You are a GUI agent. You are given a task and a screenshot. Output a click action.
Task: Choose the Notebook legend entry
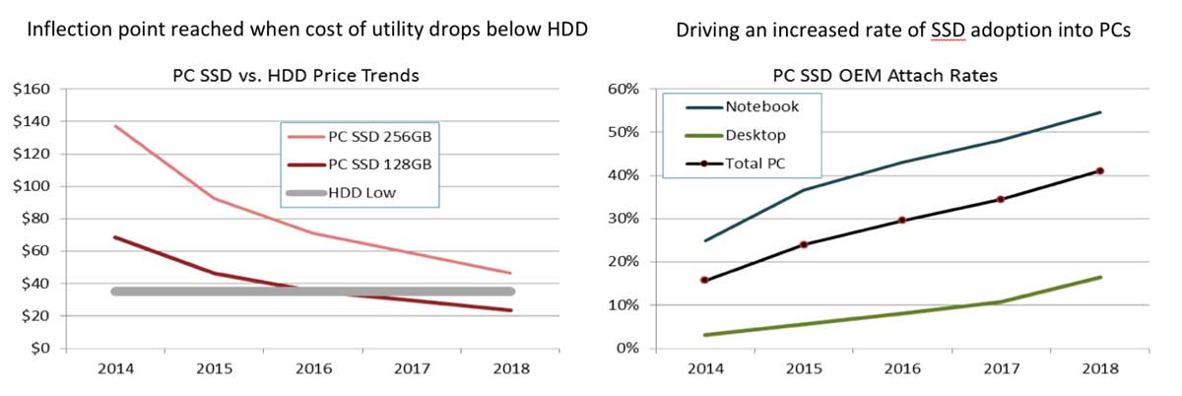click(760, 106)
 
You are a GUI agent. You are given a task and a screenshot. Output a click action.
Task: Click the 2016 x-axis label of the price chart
click(314, 369)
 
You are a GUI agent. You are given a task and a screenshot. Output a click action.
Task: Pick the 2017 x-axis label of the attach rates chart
click(999, 369)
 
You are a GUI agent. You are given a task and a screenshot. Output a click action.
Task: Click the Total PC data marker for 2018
click(1099, 170)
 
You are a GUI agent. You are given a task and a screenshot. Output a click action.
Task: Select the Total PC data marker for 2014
click(703, 280)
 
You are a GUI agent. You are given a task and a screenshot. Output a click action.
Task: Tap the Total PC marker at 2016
click(901, 221)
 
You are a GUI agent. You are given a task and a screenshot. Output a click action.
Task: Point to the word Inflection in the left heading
click(66, 31)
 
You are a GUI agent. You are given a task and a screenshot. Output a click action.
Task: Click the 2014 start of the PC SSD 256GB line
click(116, 126)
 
